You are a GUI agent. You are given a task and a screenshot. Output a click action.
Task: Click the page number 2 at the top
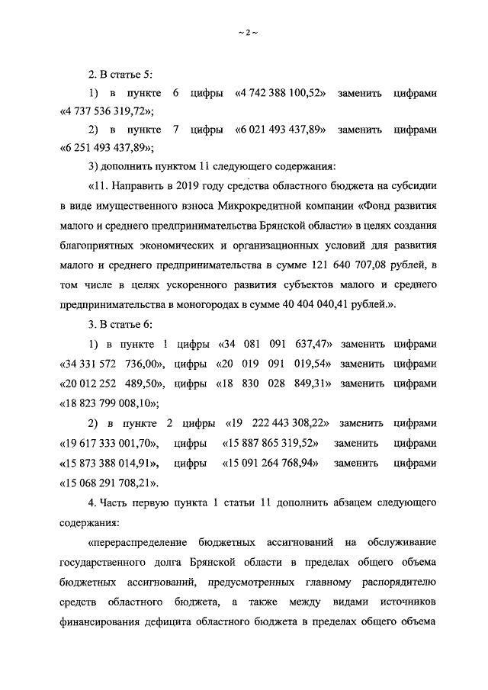tap(244, 34)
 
